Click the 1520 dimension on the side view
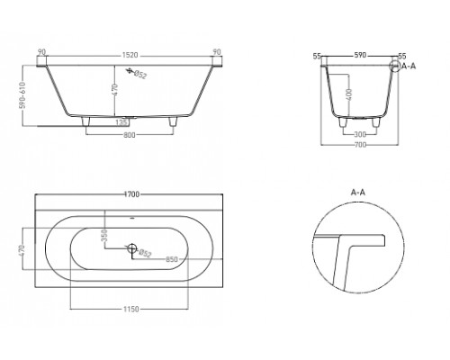tap(130, 56)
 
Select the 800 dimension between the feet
tap(130, 135)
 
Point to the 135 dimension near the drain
tap(122, 122)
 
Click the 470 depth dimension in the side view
tap(115, 90)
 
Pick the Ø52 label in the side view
tap(139, 75)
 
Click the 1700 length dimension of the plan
tap(131, 194)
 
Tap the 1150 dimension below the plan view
tap(130, 309)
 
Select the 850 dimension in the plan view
tap(172, 259)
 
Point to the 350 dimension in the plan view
tap(104, 236)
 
